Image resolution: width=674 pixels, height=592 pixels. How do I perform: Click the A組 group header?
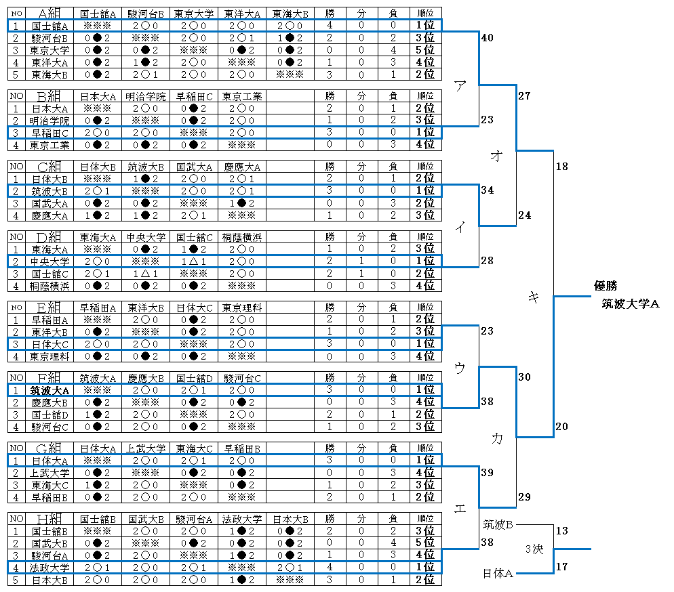[49, 13]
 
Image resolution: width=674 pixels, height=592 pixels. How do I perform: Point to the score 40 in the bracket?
[486, 39]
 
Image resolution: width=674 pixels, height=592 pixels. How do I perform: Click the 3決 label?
[534, 549]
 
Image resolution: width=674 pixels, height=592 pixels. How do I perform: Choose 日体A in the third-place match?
[497, 574]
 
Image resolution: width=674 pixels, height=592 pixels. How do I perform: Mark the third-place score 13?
[561, 531]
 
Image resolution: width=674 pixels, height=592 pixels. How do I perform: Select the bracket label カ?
[497, 439]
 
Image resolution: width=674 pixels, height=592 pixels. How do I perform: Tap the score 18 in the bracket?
[561, 165]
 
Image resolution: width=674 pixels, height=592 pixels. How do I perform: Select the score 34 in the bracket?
[486, 190]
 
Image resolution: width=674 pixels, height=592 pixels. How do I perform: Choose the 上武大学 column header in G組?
[146, 448]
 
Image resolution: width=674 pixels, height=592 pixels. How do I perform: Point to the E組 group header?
[49, 308]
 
